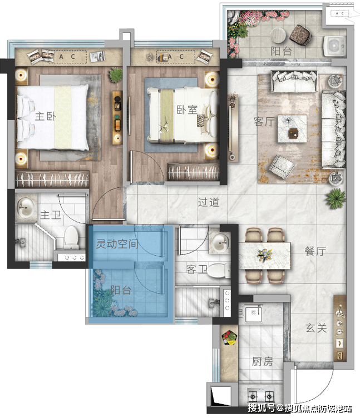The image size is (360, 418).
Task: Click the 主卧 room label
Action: pos(46,116)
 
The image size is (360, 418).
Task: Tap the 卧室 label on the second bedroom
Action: pos(187,110)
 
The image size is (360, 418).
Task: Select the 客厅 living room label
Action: pos(264,122)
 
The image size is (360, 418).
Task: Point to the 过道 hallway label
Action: pos(209,202)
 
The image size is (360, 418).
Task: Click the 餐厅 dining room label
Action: pos(315,251)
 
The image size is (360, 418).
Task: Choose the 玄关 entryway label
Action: pos(316,328)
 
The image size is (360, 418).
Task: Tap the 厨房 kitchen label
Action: pos(262,361)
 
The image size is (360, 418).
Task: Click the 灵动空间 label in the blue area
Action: pos(117,243)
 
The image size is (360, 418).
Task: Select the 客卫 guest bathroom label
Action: pos(196,269)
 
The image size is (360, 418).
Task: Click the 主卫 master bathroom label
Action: pos(51,215)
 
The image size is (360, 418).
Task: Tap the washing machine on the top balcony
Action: pos(334,46)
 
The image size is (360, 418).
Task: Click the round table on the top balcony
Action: pos(278,36)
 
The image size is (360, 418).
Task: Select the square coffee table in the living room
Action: pos(292,129)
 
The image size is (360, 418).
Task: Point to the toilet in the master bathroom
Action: pos(71,237)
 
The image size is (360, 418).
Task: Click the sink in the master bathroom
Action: pos(26,207)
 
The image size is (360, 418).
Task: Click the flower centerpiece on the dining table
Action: pos(264,255)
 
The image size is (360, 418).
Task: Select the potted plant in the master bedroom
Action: pos(116,74)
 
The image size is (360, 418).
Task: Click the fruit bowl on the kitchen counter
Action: pos(230,338)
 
